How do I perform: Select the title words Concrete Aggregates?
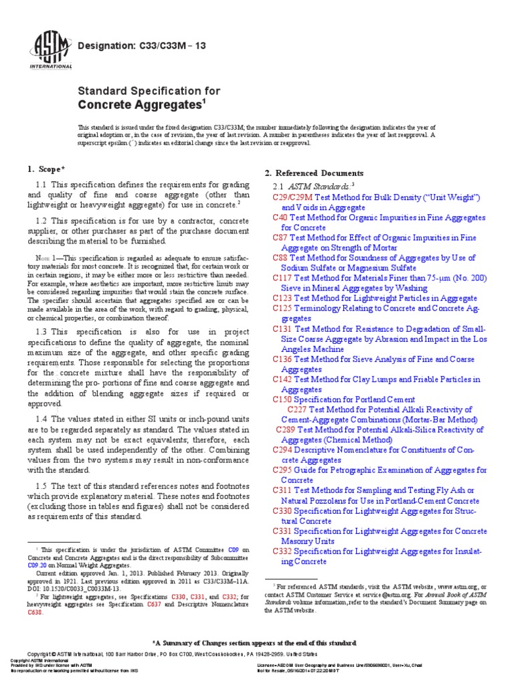point(141,104)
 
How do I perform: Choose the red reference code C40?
point(280,218)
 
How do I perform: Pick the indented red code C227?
point(297,409)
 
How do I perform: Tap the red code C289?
point(285,430)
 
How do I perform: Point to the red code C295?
point(283,470)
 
